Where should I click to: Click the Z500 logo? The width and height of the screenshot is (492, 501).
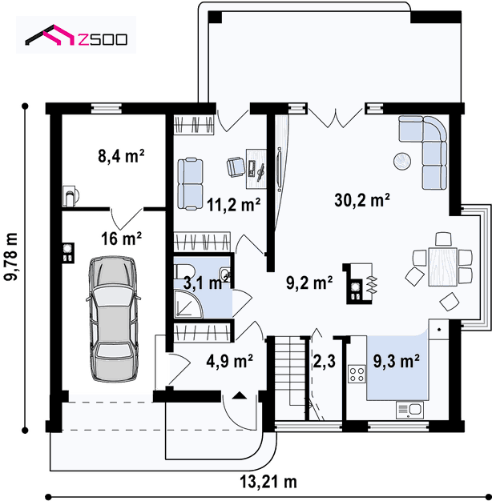point(76,35)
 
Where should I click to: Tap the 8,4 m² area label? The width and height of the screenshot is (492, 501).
point(121,156)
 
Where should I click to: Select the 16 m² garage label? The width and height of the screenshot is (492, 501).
point(121,238)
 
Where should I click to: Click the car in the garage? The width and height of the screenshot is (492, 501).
point(113,319)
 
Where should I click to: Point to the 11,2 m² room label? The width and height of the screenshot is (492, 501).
point(233,205)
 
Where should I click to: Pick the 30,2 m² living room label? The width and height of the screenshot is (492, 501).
point(362,200)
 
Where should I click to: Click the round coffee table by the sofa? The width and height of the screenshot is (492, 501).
point(402,162)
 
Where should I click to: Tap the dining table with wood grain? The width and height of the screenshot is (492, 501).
point(443,267)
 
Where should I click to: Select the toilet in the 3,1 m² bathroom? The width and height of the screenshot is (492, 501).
point(183,271)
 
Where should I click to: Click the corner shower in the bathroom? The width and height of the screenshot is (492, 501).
point(188,303)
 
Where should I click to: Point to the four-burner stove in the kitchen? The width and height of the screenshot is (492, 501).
point(357,374)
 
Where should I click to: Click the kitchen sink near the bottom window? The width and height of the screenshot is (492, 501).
point(409,410)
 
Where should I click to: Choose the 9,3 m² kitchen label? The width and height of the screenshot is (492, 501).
point(397,362)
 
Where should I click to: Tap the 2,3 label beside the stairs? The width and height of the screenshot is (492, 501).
point(324,362)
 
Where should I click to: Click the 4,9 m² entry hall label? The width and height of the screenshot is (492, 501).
point(229,361)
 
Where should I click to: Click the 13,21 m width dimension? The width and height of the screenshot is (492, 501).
point(268,482)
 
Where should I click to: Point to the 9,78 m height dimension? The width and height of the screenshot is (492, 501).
point(11,257)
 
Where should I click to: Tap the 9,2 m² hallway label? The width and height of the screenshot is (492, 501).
point(309,283)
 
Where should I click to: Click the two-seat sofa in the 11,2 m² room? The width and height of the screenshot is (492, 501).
point(191,184)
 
